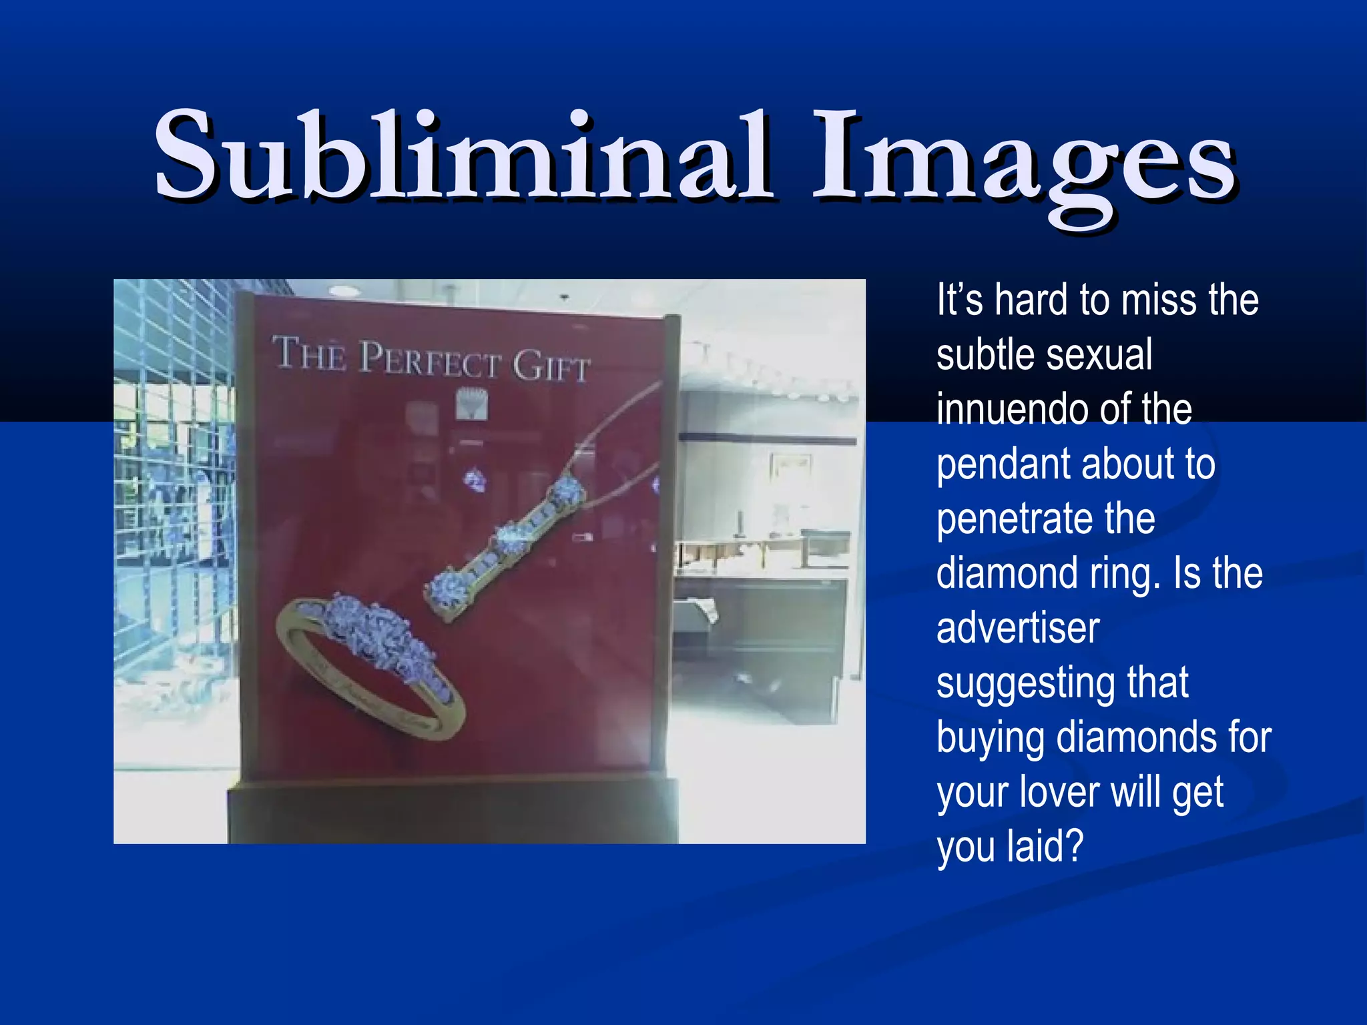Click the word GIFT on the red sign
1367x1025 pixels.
point(551,366)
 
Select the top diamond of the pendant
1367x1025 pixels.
point(567,492)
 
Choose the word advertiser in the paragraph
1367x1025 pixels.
point(1017,628)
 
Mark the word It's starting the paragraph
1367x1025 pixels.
point(959,300)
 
